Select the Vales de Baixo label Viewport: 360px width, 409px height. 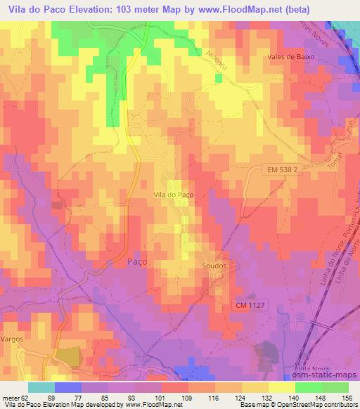pyautogui.click(x=290, y=57)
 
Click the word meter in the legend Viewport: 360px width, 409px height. pyautogui.click(x=11, y=397)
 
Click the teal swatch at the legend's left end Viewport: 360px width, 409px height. pyautogui.click(x=41, y=387)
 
